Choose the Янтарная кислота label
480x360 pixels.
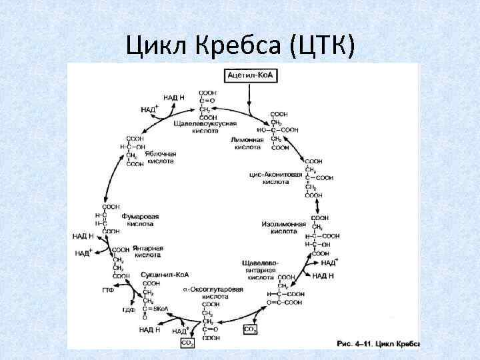tap(147, 251)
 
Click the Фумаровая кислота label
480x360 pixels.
tap(139, 220)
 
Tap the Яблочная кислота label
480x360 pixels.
tap(160, 157)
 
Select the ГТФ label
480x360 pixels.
tap(108, 290)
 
